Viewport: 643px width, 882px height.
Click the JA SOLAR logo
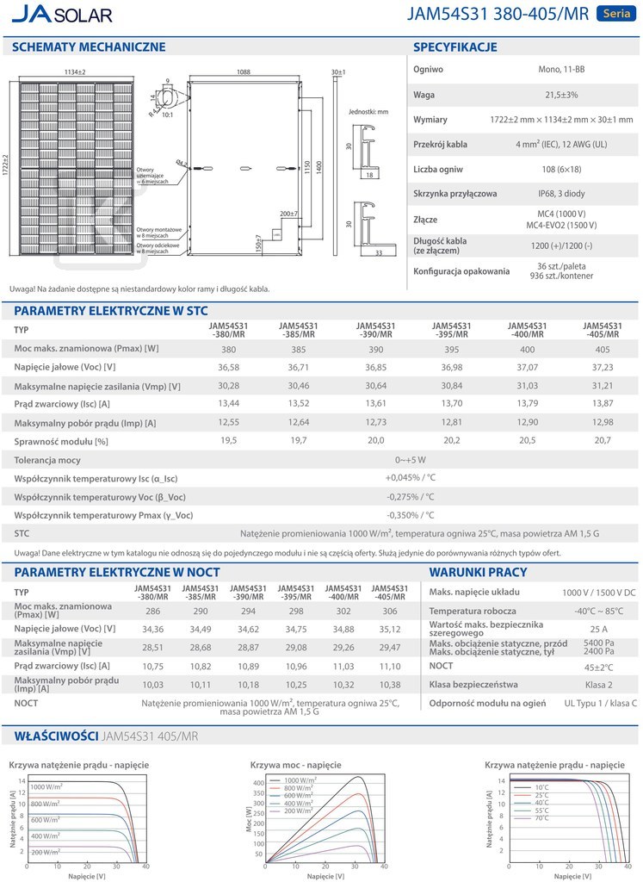[62, 16]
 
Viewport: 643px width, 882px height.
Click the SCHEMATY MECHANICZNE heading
[83, 47]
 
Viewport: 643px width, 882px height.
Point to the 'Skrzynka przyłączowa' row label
[455, 194]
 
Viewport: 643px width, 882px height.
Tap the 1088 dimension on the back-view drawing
[244, 72]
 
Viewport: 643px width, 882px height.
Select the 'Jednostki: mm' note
[368, 112]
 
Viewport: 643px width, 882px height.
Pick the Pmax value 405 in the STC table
[602, 350]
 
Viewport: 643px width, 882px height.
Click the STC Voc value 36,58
[228, 368]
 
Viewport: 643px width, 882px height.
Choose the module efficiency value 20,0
[376, 440]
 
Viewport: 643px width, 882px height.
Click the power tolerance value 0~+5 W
[411, 460]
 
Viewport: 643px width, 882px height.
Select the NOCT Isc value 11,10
[390, 667]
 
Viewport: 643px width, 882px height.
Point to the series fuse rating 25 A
[598, 630]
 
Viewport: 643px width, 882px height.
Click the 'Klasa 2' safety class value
[598, 685]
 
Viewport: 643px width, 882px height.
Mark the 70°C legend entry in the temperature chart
[541, 818]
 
